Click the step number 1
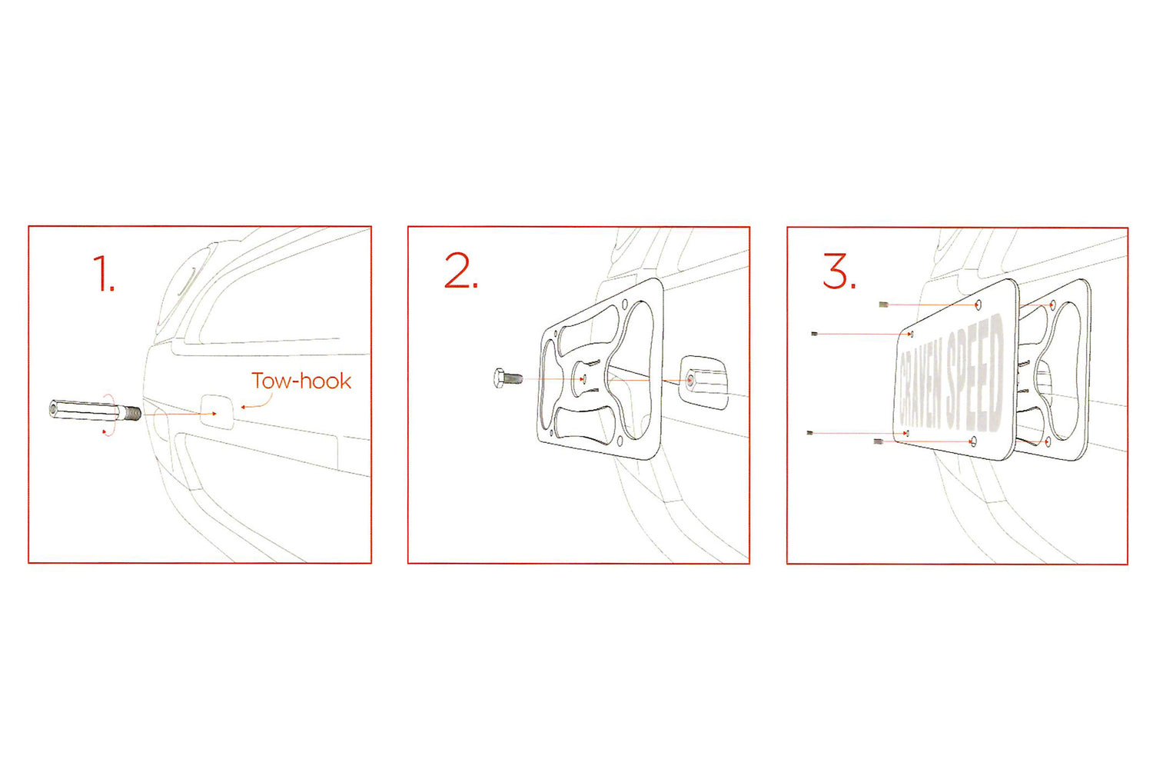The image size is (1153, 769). click(104, 274)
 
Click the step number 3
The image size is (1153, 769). click(839, 271)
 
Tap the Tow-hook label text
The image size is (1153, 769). click(301, 381)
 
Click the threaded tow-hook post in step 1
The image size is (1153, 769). click(95, 411)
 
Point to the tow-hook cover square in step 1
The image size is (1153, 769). click(217, 411)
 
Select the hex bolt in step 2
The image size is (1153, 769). click(508, 378)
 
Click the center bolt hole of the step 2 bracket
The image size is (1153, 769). click(583, 379)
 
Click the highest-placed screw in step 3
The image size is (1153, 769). click(884, 305)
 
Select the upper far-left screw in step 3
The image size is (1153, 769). click(814, 335)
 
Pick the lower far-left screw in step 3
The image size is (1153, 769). click(810, 433)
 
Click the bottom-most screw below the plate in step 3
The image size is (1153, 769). click(879, 441)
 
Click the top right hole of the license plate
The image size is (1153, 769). click(979, 305)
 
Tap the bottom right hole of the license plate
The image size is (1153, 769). click(973, 441)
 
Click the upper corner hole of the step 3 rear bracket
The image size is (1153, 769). click(1052, 305)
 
